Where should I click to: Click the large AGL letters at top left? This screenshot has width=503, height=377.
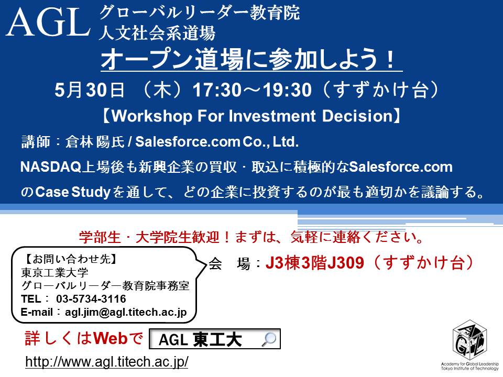click(48, 22)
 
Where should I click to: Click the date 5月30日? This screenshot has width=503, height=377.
click(90, 90)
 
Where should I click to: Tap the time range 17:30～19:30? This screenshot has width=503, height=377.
click(252, 90)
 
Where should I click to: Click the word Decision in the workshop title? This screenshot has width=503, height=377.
click(357, 116)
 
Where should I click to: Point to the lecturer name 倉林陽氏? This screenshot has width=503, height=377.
click(95, 142)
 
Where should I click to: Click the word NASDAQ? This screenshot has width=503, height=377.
click(51, 167)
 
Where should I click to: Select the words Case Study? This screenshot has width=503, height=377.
click(73, 192)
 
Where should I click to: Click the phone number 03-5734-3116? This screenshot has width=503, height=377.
click(91, 299)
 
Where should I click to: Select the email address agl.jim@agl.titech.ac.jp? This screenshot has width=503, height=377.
click(126, 312)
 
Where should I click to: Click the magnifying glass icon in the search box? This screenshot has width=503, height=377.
click(269, 339)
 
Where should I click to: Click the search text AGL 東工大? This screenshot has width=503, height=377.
click(200, 340)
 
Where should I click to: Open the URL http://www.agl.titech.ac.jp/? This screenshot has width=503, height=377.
click(107, 362)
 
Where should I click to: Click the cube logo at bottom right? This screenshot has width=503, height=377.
click(470, 340)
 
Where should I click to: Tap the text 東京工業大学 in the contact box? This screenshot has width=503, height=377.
click(54, 272)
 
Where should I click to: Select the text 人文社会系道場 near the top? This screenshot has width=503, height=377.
click(157, 34)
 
